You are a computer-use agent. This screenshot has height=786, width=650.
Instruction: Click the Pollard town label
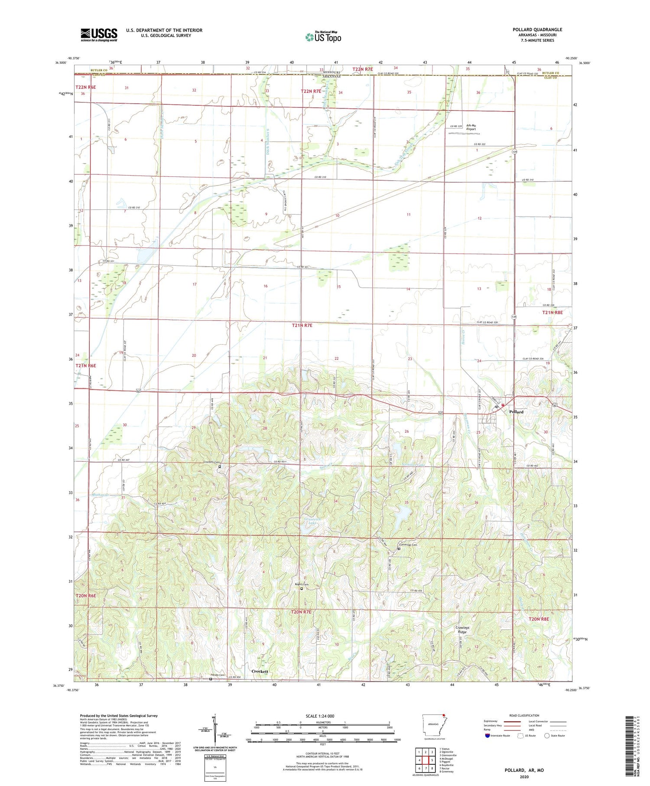point(516,412)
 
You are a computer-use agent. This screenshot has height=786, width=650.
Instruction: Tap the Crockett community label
point(260,671)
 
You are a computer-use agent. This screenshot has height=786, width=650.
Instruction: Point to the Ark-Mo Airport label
point(471,127)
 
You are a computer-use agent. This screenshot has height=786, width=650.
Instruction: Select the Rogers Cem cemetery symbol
point(302,589)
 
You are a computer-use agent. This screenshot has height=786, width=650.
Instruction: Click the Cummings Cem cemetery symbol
point(399,549)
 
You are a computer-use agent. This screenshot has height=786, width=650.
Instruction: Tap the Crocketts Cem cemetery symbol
point(219,467)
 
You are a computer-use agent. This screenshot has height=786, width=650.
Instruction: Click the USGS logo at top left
point(99,35)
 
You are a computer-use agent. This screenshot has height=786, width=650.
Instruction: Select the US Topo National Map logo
point(323,37)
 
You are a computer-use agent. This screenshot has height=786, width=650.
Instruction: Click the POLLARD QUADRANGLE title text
point(537,29)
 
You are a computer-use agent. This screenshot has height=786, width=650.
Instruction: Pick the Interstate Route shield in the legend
point(487,736)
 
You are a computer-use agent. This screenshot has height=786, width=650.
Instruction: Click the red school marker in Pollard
point(503,405)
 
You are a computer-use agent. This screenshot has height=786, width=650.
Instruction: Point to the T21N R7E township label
point(302,325)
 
